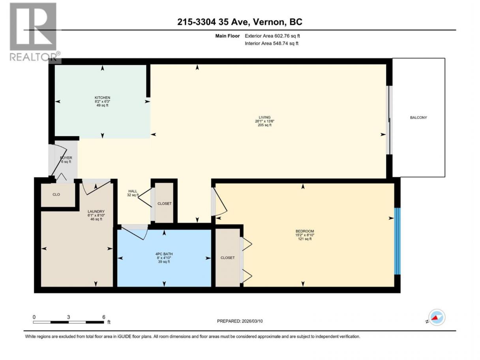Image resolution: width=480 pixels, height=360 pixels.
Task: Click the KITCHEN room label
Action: [102, 97]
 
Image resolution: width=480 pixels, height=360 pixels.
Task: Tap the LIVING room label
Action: [264, 117]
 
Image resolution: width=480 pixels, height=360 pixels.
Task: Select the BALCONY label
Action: [418, 118]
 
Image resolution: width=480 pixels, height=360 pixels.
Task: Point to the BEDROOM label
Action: [305, 231]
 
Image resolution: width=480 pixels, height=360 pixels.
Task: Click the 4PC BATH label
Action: [164, 254]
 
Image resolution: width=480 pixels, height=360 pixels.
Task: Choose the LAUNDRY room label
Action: [96, 212]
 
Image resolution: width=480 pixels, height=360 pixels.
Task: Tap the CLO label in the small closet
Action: [56, 195]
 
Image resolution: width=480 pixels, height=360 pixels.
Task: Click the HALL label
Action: [133, 191]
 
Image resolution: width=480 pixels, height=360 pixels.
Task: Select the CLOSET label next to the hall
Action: [165, 204]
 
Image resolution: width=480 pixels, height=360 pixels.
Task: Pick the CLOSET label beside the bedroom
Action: [227, 258]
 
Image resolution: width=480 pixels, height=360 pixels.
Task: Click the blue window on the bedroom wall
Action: [397, 241]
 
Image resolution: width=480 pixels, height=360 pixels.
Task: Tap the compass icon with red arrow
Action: [437, 317]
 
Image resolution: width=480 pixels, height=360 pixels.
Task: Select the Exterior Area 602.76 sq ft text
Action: [272, 36]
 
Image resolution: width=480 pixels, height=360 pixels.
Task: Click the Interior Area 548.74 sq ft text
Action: [271, 43]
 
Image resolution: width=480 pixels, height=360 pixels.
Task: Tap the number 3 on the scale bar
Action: [68, 317]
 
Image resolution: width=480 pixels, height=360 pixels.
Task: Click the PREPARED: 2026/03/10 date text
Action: [240, 321]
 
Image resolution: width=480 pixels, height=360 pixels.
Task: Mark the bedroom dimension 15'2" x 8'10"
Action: [305, 235]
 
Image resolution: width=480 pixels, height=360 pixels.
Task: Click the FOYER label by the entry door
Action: [66, 158]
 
